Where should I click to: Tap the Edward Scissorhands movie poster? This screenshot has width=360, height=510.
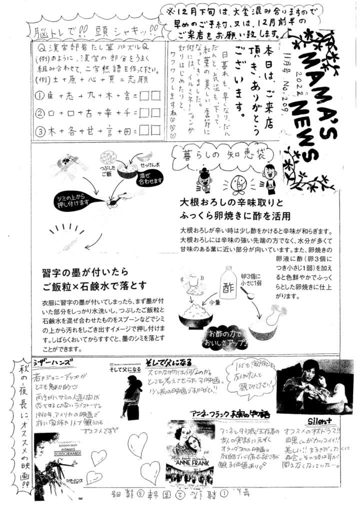click(x=54, y=458)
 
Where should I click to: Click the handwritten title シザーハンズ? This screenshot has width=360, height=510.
click(x=52, y=363)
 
